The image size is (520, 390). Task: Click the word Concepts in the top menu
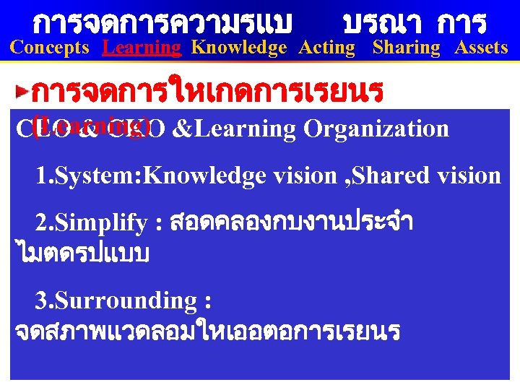click(x=50, y=48)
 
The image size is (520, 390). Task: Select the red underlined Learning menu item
click(x=142, y=48)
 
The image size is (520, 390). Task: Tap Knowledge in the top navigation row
click(x=238, y=48)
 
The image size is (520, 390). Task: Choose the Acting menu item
click(x=327, y=48)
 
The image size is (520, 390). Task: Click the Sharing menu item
click(x=406, y=48)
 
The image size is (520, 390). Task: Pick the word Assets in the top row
click(x=481, y=48)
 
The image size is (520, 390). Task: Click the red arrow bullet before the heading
click(x=24, y=92)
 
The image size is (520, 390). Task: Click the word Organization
click(x=376, y=129)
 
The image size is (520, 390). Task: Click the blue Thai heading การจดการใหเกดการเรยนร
click(x=208, y=92)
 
